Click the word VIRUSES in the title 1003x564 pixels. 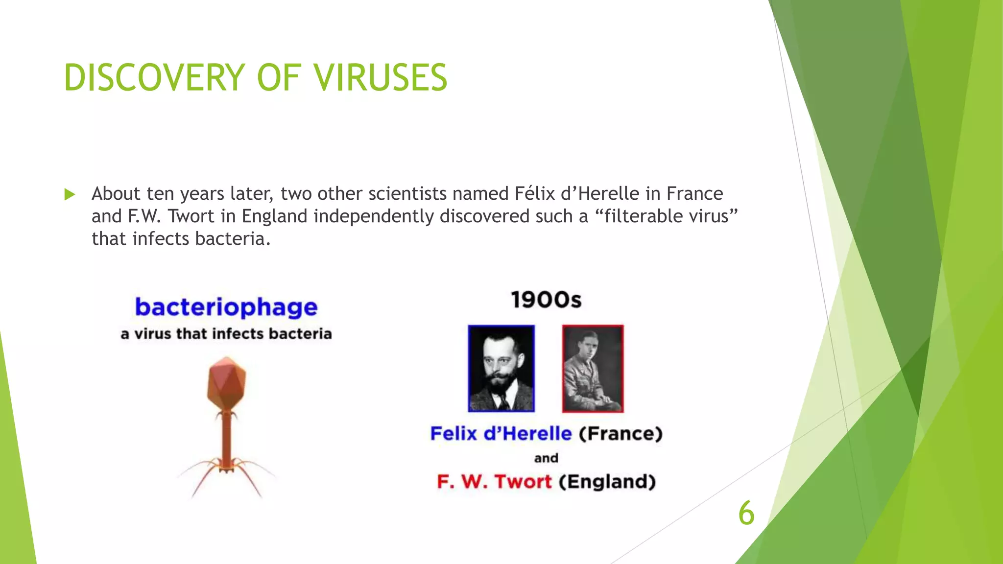pos(380,77)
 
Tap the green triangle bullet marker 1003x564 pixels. pos(70,194)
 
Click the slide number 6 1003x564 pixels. pos(746,513)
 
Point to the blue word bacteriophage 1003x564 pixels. pos(226,307)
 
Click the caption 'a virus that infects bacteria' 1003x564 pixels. pos(226,334)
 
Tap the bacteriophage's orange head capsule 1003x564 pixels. pos(227,383)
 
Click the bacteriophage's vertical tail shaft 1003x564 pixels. pos(226,438)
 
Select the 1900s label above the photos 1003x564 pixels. pos(546,300)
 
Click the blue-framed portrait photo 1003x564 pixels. pos(501,368)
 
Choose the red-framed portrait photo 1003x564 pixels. pos(593,368)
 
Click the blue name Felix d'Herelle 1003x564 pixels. pos(501,434)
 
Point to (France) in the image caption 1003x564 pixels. pos(621,434)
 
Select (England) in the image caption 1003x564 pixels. pos(607,482)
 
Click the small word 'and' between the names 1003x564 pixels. pos(546,458)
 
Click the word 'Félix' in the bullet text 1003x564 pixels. pos(534,194)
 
